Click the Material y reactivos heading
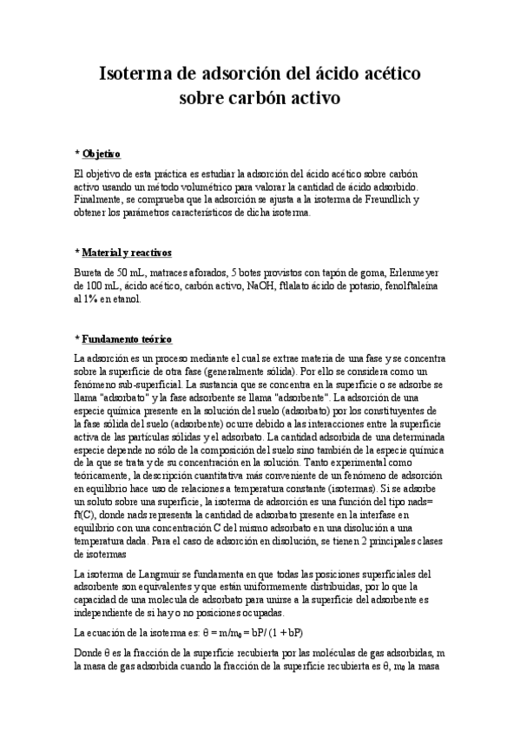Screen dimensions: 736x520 (127, 253)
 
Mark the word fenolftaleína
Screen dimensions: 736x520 (411, 285)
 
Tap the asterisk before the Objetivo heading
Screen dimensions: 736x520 (76, 154)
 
